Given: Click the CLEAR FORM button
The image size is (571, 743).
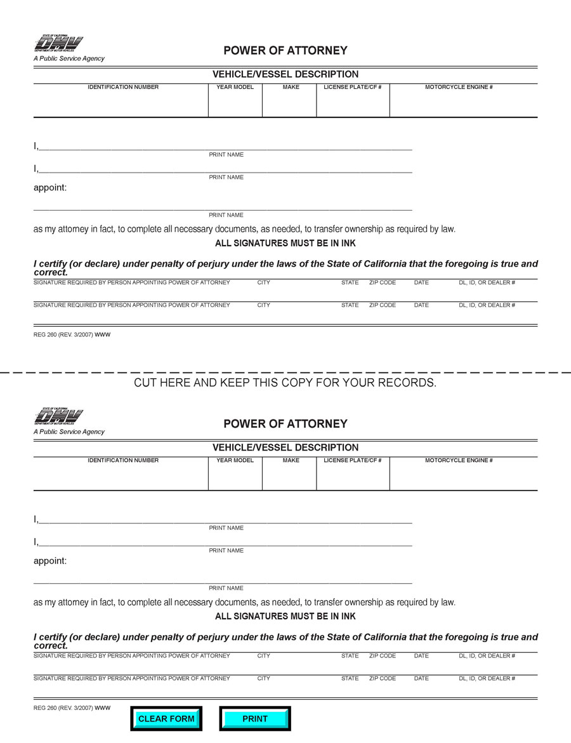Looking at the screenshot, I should click(x=166, y=719).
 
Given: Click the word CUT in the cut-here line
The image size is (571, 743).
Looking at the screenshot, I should click(x=146, y=383).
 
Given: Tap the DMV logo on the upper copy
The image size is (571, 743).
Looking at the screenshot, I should click(x=58, y=44).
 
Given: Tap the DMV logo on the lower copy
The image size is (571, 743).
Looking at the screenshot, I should click(x=58, y=417).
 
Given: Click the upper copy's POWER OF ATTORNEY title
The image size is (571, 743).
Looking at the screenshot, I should click(x=285, y=51).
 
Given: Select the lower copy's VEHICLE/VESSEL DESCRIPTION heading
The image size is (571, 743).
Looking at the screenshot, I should click(x=285, y=447).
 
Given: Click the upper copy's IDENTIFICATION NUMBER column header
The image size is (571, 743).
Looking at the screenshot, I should click(x=123, y=87).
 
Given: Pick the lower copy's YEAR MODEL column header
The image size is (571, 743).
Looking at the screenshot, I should click(x=235, y=460).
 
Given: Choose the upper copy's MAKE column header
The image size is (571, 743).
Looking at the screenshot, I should click(x=291, y=87).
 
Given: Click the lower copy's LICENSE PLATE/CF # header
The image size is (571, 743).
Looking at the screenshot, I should click(x=353, y=460).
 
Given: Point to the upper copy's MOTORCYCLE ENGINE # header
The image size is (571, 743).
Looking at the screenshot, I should click(x=459, y=87).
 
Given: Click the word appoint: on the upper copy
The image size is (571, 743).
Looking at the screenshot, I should click(x=50, y=188).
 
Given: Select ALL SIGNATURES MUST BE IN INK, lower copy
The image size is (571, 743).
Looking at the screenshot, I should click(x=285, y=616).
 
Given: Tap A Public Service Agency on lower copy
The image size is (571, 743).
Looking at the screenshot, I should click(x=69, y=431).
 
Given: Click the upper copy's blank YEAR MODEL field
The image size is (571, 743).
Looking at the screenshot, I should click(x=235, y=103).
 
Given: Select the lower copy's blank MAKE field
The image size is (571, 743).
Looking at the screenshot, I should click(x=289, y=477).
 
